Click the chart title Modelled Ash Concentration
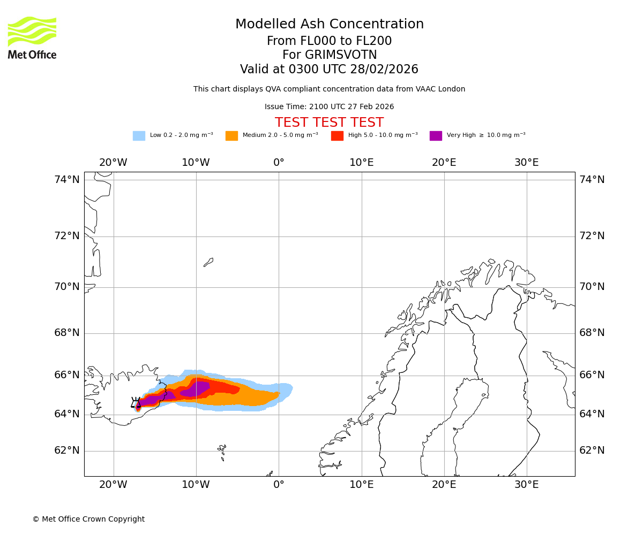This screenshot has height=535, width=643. [x=330, y=25]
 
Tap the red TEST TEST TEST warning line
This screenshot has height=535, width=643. [x=330, y=123]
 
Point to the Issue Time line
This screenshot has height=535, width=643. [x=330, y=107]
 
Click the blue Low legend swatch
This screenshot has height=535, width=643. [x=139, y=136]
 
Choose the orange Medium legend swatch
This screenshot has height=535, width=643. [x=231, y=136]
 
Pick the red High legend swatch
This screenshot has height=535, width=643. [x=337, y=136]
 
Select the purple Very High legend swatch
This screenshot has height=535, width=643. [x=436, y=136]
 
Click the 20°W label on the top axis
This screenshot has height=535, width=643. [x=113, y=163]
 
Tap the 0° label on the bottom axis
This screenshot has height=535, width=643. [x=279, y=485]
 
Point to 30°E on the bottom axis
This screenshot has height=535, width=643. [x=527, y=485]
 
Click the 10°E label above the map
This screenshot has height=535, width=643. [x=362, y=163]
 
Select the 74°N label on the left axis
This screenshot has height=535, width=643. [x=67, y=180]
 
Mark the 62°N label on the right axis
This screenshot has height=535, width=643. [x=592, y=450]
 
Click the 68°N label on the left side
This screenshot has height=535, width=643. [x=67, y=333]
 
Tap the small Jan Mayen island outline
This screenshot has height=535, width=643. [x=208, y=262]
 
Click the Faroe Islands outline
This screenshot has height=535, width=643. [x=222, y=450]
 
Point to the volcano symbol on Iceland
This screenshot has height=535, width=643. [x=136, y=403]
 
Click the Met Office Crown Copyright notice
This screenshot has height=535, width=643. [x=88, y=519]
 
